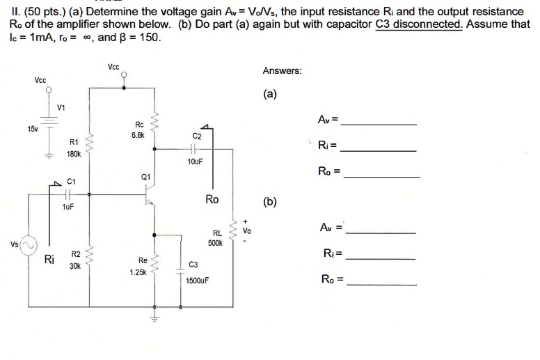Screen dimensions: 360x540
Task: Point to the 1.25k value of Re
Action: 138,272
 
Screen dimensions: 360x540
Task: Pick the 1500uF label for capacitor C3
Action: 198,281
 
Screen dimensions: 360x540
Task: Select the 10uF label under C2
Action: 195,161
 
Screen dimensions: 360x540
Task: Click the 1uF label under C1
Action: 68,207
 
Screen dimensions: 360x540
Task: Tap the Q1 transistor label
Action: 145,177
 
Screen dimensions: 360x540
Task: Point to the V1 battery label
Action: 61,107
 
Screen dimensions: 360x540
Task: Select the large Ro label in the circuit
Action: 212,200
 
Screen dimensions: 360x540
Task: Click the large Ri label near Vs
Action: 49,260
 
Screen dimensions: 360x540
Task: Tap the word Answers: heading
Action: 282,70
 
